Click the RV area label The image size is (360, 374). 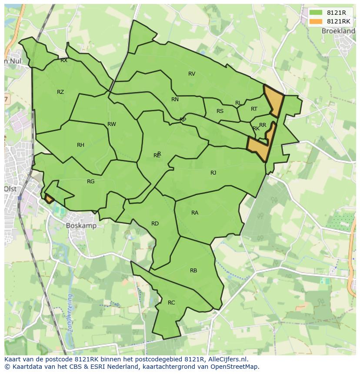tap(192, 74)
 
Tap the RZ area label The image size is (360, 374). tap(60, 92)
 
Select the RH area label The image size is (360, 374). tap(80, 145)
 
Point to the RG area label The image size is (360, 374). tap(90, 182)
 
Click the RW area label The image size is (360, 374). tap(112, 124)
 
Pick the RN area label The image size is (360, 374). tap(175, 99)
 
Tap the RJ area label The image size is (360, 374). tap(213, 173)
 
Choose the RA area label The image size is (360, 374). tap(195, 213)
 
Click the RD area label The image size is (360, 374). tap(155, 224)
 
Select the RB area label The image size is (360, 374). tap(193, 271)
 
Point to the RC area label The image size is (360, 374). tap(171, 303)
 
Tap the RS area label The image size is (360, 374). tap(220, 111)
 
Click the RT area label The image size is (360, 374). tap(254, 109)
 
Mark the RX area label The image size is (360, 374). tap(64, 61)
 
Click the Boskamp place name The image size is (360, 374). tap(81, 226)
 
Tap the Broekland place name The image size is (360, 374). tap(338, 31)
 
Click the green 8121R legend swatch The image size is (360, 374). tap(316, 13)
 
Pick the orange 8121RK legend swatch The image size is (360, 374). tap(316, 21)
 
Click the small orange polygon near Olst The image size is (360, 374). tap(49, 199)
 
